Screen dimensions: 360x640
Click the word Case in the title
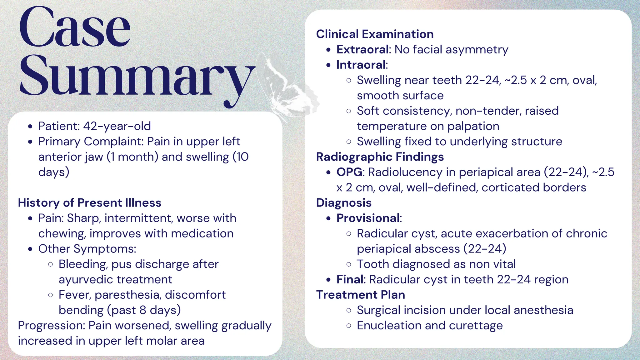(75, 28)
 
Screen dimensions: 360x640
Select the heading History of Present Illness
(90, 203)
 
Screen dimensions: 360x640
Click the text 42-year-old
(117, 126)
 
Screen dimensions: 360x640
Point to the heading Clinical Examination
(375, 34)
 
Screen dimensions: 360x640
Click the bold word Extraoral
(362, 49)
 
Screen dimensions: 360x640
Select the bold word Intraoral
(361, 65)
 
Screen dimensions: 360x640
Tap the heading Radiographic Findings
(380, 157)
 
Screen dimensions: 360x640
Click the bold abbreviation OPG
(349, 172)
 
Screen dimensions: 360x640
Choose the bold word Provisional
(368, 218)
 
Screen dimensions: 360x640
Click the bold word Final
(350, 279)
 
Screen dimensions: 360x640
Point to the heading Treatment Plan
(360, 295)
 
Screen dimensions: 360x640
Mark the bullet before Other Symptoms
(30, 249)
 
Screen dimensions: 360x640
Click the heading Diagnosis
(344, 203)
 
